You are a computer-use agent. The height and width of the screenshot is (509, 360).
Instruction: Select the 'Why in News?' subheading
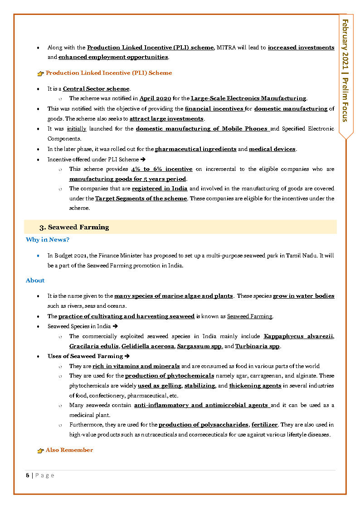(47, 240)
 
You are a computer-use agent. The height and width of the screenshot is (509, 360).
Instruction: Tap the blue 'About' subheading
(35, 281)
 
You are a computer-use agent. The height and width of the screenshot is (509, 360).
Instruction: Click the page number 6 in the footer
(27, 475)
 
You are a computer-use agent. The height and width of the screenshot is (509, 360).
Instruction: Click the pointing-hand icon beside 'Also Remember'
(40, 451)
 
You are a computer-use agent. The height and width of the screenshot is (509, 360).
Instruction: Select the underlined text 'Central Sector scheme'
(96, 89)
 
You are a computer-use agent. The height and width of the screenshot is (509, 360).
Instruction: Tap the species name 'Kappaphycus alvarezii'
(298, 336)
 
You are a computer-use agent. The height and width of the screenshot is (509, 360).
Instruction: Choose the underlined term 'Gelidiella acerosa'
(148, 346)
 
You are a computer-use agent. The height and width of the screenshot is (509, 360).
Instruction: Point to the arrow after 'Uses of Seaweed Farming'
(127, 356)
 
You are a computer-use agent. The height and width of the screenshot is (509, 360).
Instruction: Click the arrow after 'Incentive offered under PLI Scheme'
(143, 160)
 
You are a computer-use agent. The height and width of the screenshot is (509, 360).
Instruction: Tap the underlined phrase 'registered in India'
(160, 189)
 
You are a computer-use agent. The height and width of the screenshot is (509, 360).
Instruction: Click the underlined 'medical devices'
(272, 149)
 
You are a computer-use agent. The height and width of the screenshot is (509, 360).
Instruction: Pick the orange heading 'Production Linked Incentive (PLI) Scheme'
(109, 73)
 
